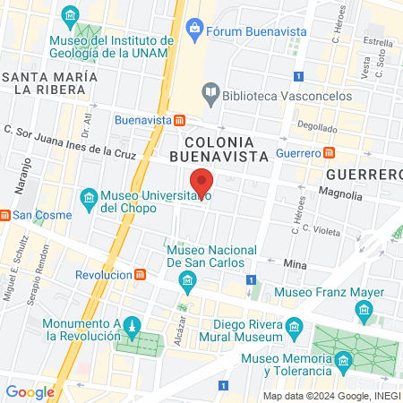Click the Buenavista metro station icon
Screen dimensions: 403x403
point(180,119)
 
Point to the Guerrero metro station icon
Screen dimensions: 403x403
point(330,153)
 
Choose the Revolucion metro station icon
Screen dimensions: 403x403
point(141,275)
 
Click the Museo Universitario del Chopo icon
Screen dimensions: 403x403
point(89,196)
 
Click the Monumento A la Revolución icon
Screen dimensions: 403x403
point(132,323)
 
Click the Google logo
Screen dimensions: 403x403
point(30,391)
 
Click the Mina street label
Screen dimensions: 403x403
point(295,265)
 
